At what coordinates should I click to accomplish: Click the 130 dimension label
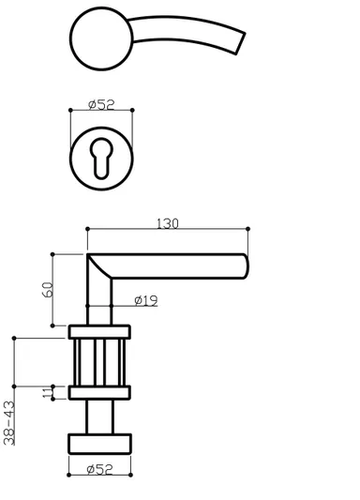click(x=168, y=223)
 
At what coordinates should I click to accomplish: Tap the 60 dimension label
click(x=48, y=290)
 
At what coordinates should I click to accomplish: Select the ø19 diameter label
click(x=146, y=300)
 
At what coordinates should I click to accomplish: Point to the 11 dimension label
click(x=48, y=392)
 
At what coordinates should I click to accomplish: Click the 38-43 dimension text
click(x=9, y=423)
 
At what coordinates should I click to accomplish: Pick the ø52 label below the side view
click(x=99, y=469)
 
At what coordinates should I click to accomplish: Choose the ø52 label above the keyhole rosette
click(x=101, y=104)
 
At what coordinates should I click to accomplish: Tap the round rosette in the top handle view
click(x=101, y=38)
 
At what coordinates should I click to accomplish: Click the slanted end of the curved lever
click(x=240, y=43)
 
